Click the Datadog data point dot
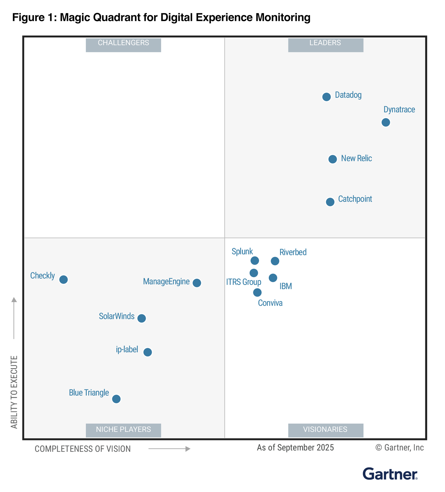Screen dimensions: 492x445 [x=326, y=97]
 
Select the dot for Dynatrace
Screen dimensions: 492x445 [x=386, y=122]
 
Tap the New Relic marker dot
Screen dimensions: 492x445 [x=333, y=159]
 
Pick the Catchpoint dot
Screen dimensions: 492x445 [x=330, y=202]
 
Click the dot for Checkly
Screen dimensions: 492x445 [x=64, y=280]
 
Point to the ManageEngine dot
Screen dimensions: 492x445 [x=197, y=283]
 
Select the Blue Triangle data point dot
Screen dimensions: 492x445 [x=116, y=399]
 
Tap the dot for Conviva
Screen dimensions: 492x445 [x=257, y=292]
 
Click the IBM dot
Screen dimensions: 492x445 [x=273, y=278]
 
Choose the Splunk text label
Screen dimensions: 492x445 [x=242, y=252]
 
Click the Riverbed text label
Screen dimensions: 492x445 [x=293, y=252]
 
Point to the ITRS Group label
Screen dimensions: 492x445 [x=244, y=282]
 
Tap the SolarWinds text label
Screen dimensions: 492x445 [x=117, y=316]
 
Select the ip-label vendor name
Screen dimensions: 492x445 [x=127, y=349]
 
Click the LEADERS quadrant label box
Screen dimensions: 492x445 [x=325, y=45]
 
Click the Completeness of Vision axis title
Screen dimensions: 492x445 [x=83, y=449]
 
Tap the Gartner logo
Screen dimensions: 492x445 [x=390, y=474]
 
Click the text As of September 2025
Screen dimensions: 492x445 [x=295, y=448]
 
